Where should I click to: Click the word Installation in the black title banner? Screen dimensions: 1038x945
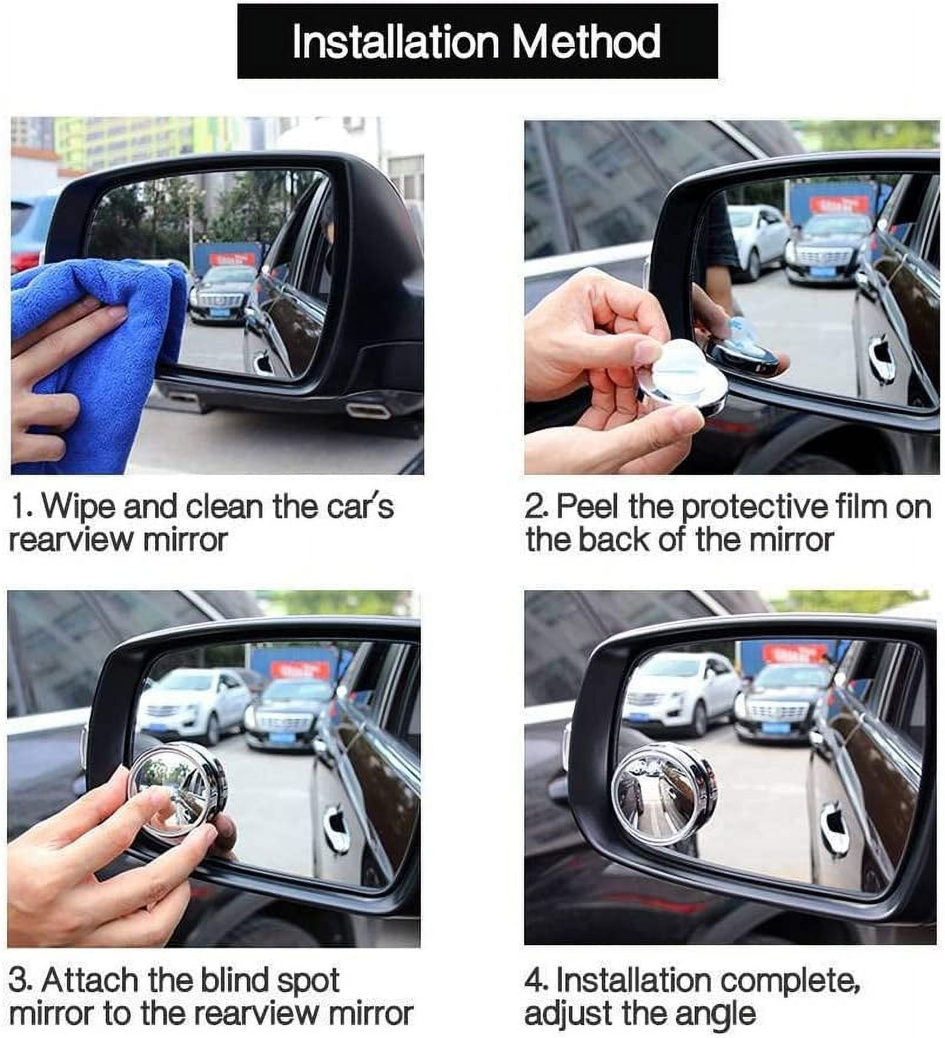point(396,42)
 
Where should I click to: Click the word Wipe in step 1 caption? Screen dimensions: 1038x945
point(79,506)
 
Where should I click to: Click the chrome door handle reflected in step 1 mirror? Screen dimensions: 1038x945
point(262,361)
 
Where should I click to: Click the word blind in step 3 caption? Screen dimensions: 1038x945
point(235,980)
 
